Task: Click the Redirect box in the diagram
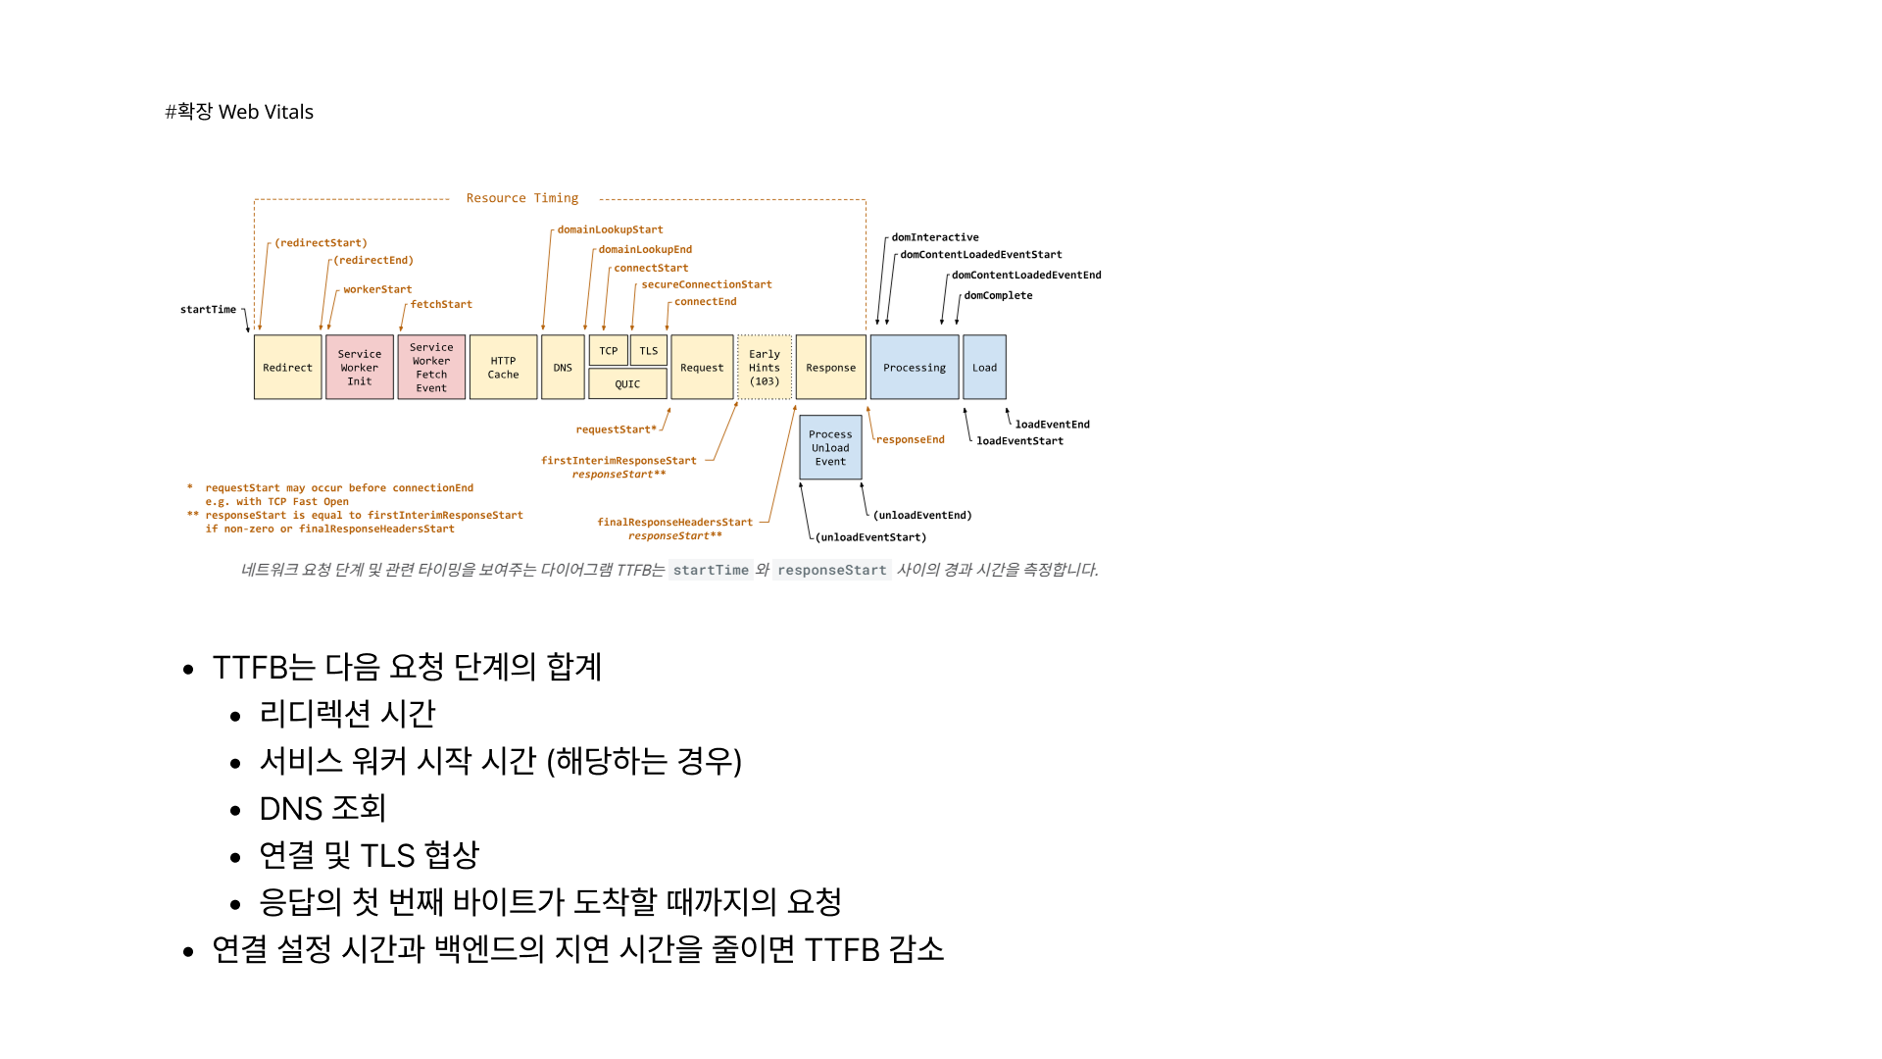pos(287,368)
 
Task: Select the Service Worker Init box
pos(360,368)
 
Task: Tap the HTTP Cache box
pos(503,368)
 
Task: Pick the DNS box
pos(563,368)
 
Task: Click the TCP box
pos(609,351)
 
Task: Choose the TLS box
pos(649,351)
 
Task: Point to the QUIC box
pos(627,384)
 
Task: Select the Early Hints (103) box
pos(765,368)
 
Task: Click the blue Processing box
pos(915,368)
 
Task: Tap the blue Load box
pos(984,368)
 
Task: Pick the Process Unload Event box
pos(830,448)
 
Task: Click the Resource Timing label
pos(522,198)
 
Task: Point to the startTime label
pos(208,310)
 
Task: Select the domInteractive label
pos(935,237)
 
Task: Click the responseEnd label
pos(911,440)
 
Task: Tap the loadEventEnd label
pos(1052,425)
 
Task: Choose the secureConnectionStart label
pos(707,284)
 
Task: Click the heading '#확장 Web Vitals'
pos(239,112)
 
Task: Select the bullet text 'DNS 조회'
pos(322,808)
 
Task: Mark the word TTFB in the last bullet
pos(842,949)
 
